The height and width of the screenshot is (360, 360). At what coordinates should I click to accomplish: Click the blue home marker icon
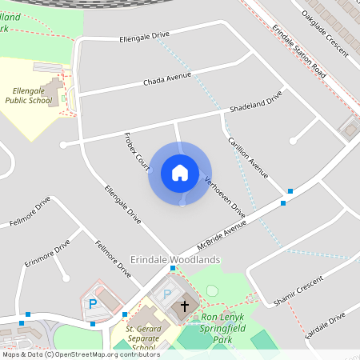click(180, 172)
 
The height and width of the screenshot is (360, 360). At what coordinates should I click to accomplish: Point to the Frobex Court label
click(137, 153)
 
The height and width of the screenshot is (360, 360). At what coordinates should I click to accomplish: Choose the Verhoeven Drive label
click(225, 197)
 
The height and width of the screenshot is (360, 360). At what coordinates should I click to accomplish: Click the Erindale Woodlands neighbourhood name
click(175, 260)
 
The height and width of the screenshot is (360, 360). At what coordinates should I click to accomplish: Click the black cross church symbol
click(185, 306)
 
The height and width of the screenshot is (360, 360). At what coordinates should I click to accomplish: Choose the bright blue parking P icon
click(93, 304)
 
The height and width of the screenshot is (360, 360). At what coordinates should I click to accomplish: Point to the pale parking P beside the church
click(167, 294)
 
